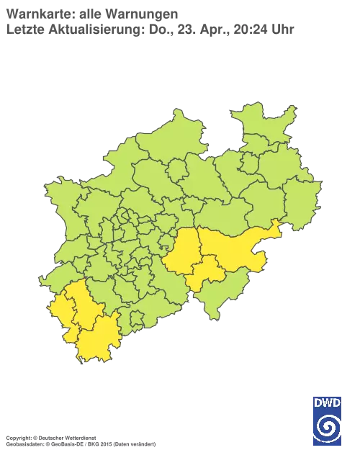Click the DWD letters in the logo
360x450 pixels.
pos(328,402)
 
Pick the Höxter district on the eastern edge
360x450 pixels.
pos(302,194)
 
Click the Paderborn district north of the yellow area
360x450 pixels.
pos(256,209)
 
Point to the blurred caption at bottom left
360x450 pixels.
pos(79,437)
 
